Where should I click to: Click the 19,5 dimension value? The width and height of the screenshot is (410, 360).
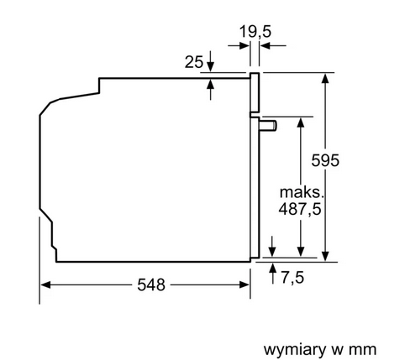[x=255, y=31]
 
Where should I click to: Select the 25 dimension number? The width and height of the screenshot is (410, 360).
[x=193, y=62]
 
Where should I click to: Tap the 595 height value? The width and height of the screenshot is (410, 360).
[x=325, y=160]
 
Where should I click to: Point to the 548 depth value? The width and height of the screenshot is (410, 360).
[x=151, y=285]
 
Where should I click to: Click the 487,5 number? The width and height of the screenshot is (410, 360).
[x=300, y=209]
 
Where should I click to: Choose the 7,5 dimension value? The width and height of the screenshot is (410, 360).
[x=292, y=278]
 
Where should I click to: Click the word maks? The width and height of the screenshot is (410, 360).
[x=302, y=192]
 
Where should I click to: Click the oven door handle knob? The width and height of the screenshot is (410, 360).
[x=268, y=125]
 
